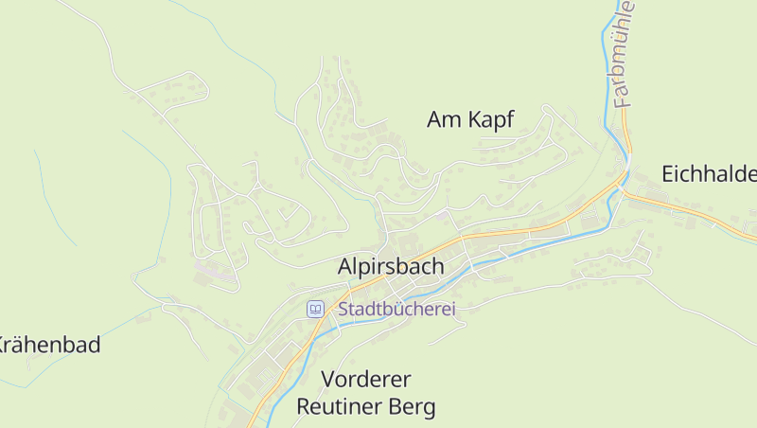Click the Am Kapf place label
[x=470, y=119]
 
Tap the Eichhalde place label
[x=709, y=174]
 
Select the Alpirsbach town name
[x=390, y=267]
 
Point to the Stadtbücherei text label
[x=397, y=309]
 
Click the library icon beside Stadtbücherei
[x=315, y=309]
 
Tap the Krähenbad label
[x=49, y=345]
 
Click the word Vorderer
[x=366, y=380]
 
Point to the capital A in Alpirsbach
[x=345, y=267]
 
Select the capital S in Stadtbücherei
[x=343, y=309]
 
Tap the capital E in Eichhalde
[x=667, y=174]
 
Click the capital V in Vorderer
[x=328, y=380]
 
